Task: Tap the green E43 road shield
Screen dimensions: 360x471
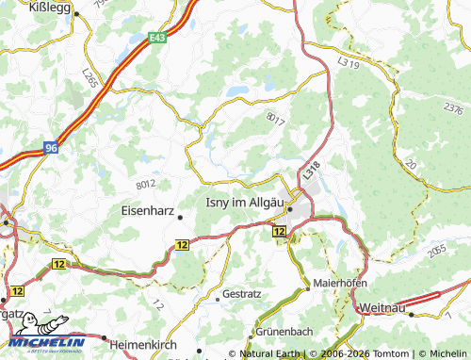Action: (x=159, y=39)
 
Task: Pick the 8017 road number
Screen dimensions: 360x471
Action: (x=275, y=120)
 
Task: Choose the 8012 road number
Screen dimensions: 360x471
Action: (x=146, y=186)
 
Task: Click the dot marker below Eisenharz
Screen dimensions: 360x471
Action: (x=180, y=219)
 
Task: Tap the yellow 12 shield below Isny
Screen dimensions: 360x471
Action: (x=279, y=231)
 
